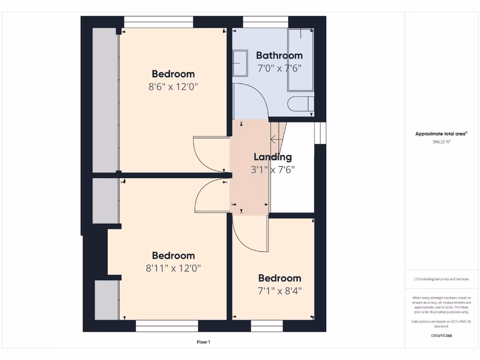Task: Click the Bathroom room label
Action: pos(279,55)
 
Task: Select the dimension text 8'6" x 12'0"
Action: pos(173,87)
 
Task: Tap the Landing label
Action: pos(272,157)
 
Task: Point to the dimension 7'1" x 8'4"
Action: pos(279,291)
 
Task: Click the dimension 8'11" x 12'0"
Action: pos(173,268)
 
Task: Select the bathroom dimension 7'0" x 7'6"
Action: pos(279,68)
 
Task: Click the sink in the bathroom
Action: pos(240,63)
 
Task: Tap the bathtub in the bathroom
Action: pos(300,60)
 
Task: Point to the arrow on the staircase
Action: pos(274,139)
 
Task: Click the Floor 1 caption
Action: pos(203,342)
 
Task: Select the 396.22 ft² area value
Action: pos(441,142)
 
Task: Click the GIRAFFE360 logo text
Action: pos(441,336)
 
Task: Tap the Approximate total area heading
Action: pos(441,134)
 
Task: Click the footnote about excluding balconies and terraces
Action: pos(441,279)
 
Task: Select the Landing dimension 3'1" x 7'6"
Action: pos(272,170)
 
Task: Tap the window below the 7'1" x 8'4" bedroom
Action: pos(267,326)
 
